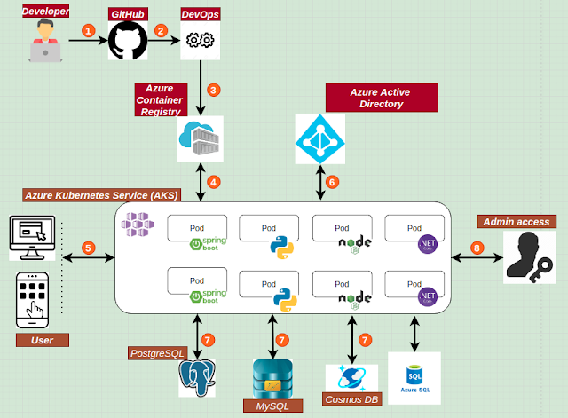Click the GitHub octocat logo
128,42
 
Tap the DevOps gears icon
199,42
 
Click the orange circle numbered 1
87,29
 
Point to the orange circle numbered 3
213,91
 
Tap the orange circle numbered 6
334,182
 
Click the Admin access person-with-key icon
530,257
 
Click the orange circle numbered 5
88,248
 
